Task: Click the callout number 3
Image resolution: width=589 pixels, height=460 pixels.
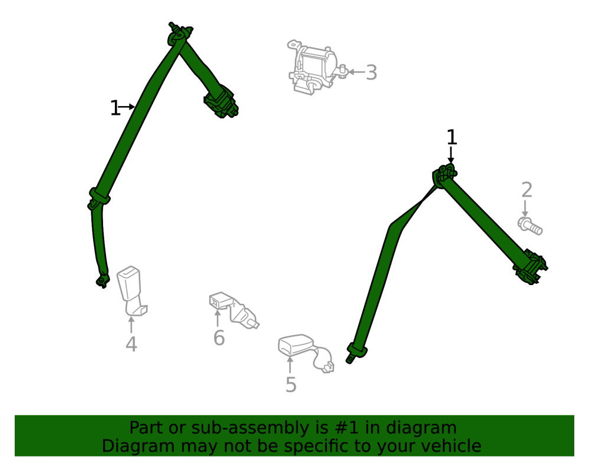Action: (x=371, y=72)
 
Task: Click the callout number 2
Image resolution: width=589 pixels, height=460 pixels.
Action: (x=527, y=190)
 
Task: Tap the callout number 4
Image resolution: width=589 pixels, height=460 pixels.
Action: (x=131, y=345)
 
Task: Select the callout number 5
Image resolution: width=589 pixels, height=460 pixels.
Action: (x=291, y=385)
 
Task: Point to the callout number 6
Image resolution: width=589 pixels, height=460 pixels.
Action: (x=219, y=337)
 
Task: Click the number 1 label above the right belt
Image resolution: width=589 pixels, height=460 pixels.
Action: (x=452, y=137)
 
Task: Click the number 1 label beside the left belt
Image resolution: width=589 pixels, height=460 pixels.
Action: (x=115, y=108)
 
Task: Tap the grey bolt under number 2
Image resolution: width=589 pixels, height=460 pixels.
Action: (x=530, y=226)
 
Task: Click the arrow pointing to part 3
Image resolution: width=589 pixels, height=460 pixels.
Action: (x=357, y=72)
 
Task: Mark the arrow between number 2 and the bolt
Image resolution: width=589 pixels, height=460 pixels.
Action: (x=525, y=209)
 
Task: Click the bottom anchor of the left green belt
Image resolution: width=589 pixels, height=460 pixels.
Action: (x=102, y=280)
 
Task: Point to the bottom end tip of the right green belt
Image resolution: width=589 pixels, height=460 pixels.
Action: (x=349, y=361)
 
